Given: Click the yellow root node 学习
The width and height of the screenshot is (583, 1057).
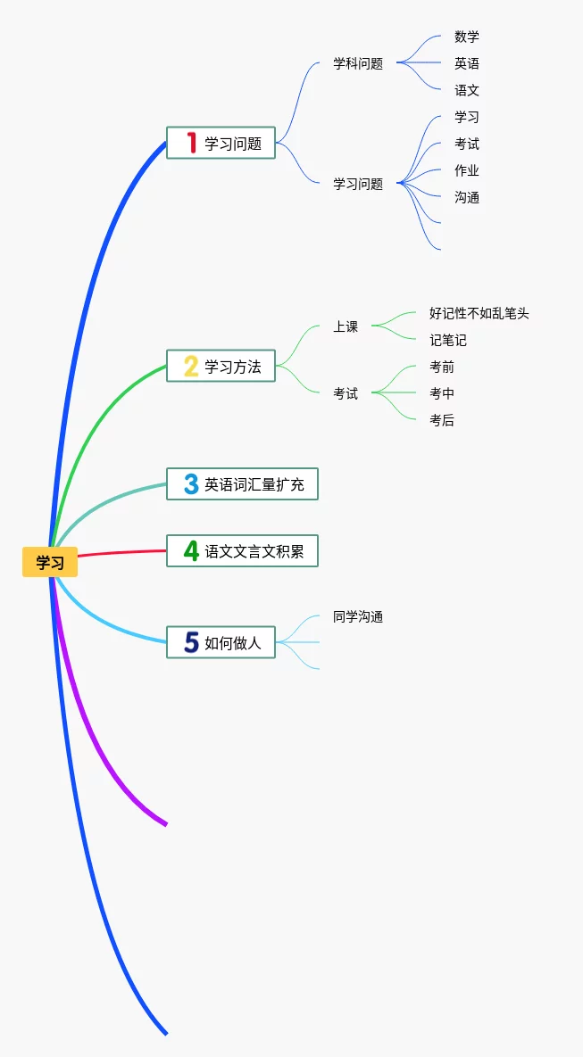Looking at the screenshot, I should point(50,562).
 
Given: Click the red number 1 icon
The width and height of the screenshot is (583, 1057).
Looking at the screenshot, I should point(190,143).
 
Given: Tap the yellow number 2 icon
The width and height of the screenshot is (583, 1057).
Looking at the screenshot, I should point(190,366).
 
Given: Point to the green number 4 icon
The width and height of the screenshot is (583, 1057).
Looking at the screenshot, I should point(190,551).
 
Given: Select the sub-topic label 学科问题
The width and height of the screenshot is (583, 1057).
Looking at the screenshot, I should point(358,63).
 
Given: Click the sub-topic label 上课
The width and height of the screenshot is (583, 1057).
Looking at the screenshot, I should point(346,326).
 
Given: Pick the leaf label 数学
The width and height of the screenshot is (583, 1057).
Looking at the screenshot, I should point(467,37).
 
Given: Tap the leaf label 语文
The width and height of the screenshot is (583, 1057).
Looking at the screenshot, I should point(467,90).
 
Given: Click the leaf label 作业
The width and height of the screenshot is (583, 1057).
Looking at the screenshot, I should point(467,170).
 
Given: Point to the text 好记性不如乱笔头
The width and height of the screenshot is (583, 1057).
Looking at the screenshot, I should point(479,313).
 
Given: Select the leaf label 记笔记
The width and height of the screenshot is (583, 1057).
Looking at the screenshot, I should point(448,340).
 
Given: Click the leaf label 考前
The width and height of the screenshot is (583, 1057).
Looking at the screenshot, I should point(442,367).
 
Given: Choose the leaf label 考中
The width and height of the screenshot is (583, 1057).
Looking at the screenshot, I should point(442,393).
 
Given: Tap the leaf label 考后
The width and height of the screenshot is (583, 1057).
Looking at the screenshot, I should point(442,420).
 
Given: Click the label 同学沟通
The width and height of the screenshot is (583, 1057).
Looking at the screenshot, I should point(358,616).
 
